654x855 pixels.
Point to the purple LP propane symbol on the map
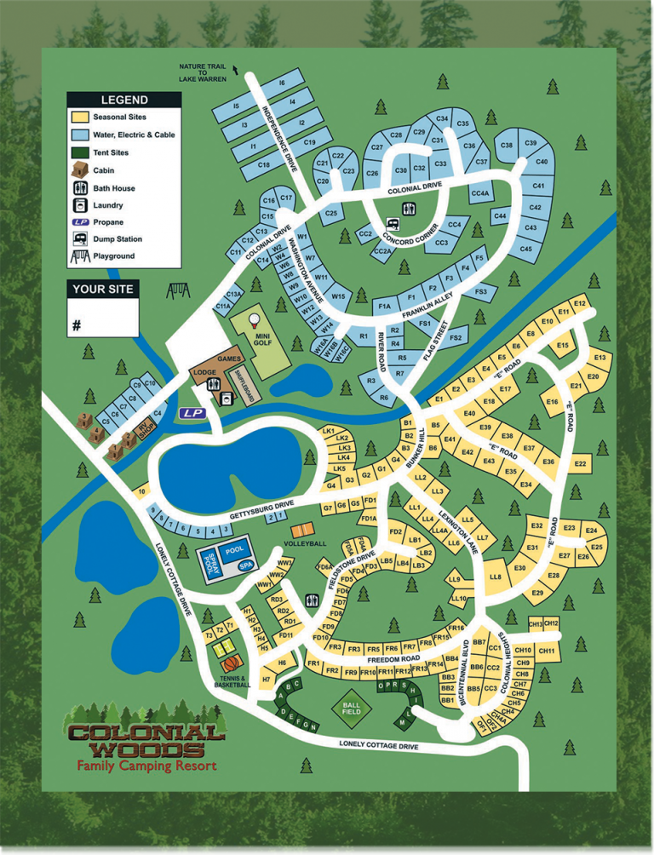click(193, 413)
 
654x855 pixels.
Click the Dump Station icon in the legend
click(79, 239)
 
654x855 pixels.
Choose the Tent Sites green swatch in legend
click(79, 152)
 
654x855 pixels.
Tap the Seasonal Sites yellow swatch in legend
click(79, 117)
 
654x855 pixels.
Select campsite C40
click(542, 162)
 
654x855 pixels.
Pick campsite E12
click(580, 303)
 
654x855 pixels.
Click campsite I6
click(281, 83)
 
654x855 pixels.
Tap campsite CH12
click(551, 623)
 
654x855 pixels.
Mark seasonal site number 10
click(142, 491)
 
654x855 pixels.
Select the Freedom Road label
click(393, 659)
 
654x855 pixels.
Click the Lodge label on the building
click(204, 372)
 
